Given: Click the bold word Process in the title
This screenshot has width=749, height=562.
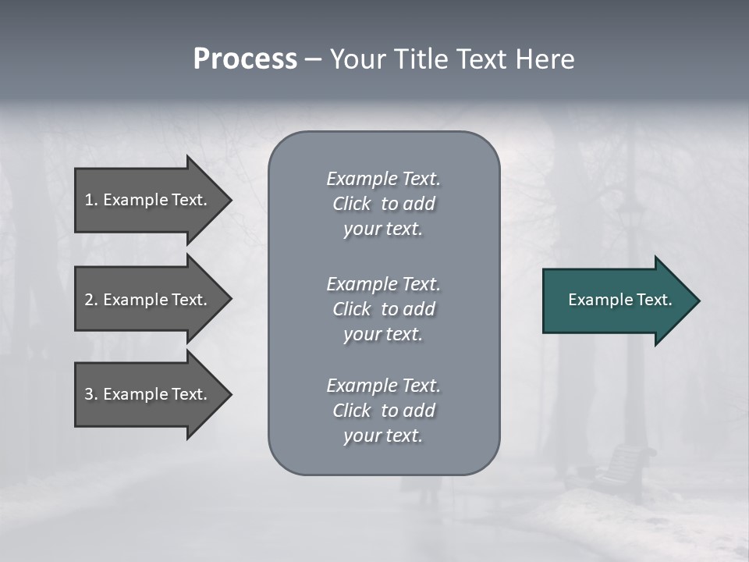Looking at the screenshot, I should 245,59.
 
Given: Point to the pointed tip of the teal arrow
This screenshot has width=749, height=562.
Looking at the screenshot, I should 696,301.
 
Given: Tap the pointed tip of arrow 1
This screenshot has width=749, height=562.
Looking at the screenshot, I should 229,200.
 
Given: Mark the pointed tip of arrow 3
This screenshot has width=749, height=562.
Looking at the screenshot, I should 229,394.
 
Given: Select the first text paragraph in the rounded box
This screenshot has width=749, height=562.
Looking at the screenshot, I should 383,204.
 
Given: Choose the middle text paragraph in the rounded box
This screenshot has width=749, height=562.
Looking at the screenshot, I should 383,309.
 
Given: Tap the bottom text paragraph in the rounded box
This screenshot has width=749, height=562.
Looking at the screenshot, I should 383,411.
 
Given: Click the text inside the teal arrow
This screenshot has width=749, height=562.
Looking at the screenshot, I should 619,300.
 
